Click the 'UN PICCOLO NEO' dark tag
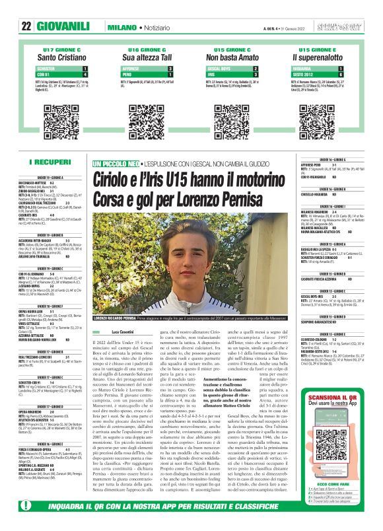tap(116, 162)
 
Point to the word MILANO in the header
tap(122, 26)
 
